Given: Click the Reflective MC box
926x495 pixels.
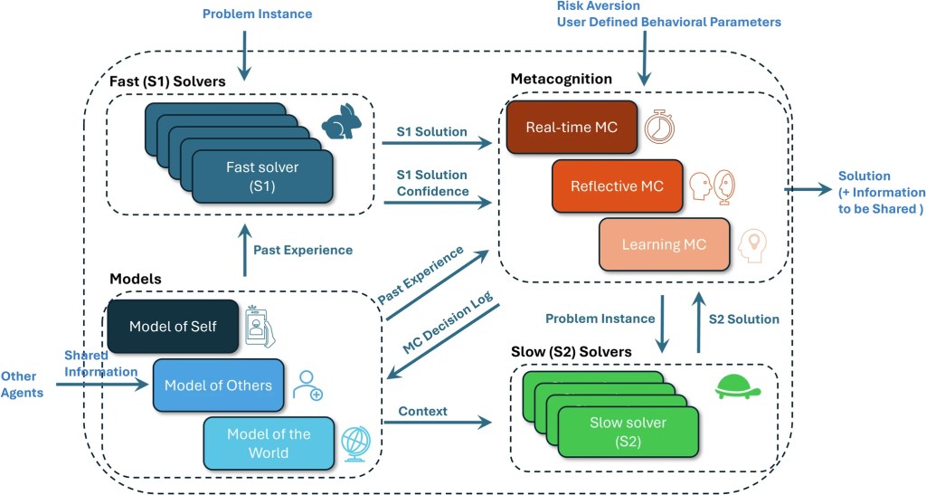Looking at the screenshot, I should pos(617,186).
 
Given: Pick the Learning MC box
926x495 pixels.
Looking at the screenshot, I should pos(664,244).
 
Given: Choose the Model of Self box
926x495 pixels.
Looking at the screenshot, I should pos(173,326).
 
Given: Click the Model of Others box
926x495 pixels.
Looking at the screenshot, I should pos(218,386).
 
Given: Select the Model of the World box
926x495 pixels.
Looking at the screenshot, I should pos(269,443).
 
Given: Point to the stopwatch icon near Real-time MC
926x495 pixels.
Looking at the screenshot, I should pos(659,128).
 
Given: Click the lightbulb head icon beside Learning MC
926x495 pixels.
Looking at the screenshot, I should pos(752,245).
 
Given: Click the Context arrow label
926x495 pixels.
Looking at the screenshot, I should pos(423,411).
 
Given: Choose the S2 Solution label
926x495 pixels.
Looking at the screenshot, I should pos(743,319).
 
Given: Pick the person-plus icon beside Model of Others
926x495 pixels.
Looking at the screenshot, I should pos(307,385).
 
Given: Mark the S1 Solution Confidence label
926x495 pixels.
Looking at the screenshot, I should pos(432,183).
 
